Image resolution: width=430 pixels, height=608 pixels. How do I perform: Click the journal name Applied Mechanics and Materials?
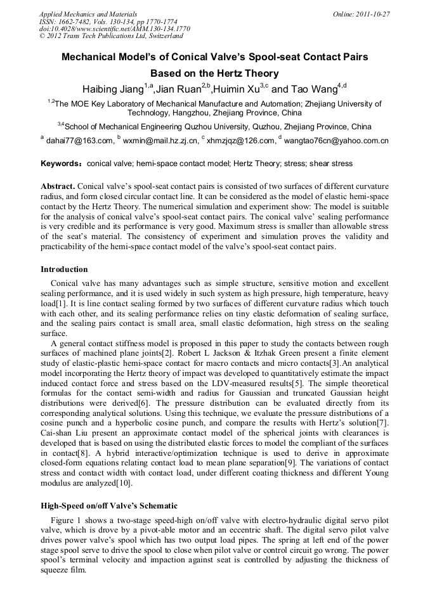(88, 14)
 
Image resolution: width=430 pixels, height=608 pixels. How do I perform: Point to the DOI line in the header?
(114, 29)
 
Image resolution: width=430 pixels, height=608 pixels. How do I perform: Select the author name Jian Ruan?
(180, 89)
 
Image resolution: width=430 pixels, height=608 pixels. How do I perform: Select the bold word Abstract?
(58, 186)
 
